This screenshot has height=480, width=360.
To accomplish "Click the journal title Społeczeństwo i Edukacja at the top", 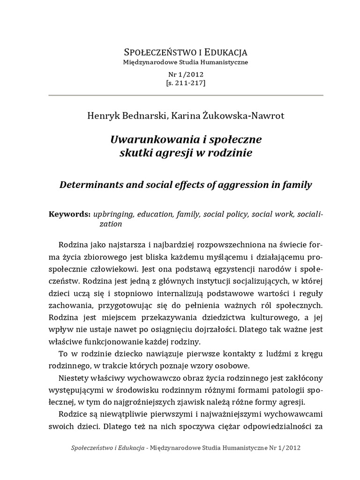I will pyautogui.click(x=185, y=52).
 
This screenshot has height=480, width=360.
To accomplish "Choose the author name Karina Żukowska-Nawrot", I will pyautogui.click(x=224, y=114).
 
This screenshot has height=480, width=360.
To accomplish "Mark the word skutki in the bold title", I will pyautogui.click(x=136, y=153).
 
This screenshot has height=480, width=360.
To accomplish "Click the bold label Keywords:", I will pyautogui.click(x=69, y=214).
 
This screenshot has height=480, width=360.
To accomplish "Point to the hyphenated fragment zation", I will pyautogui.click(x=110, y=224).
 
